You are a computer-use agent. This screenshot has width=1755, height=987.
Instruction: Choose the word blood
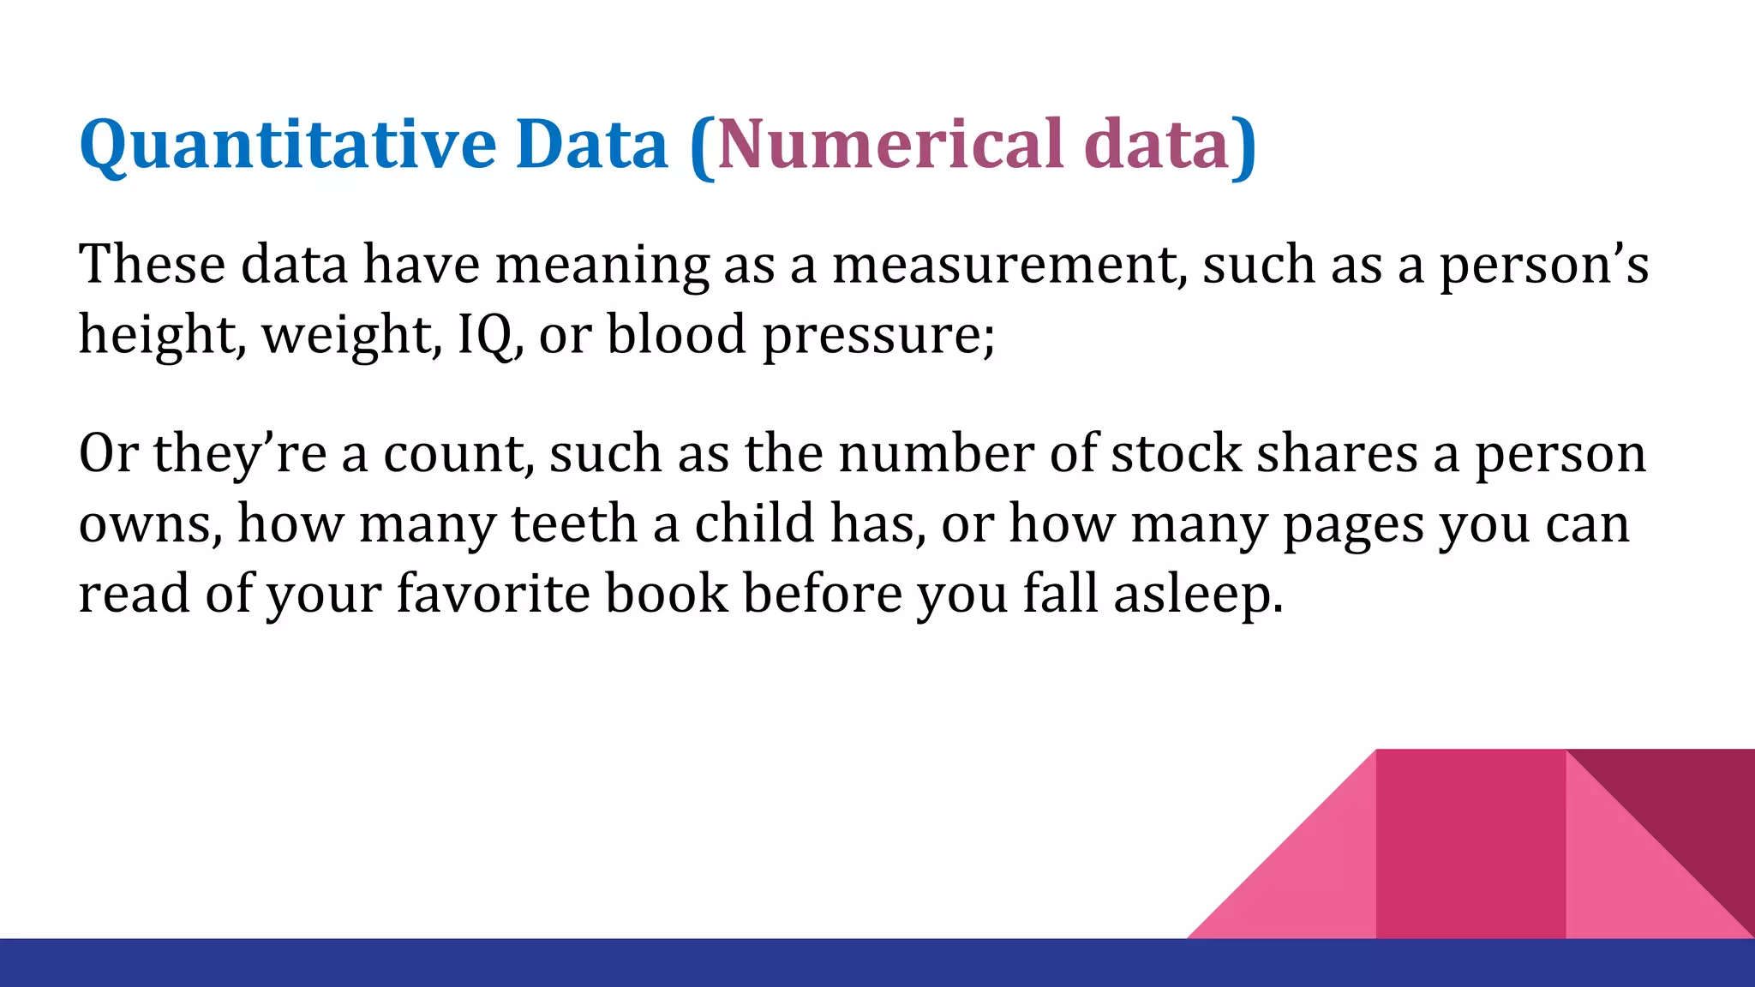click(676, 334)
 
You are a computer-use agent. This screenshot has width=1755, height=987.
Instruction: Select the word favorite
click(493, 593)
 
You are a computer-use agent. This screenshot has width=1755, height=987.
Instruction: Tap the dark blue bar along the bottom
click(600, 963)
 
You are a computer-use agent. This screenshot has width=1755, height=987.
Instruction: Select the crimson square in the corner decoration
click(1470, 844)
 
